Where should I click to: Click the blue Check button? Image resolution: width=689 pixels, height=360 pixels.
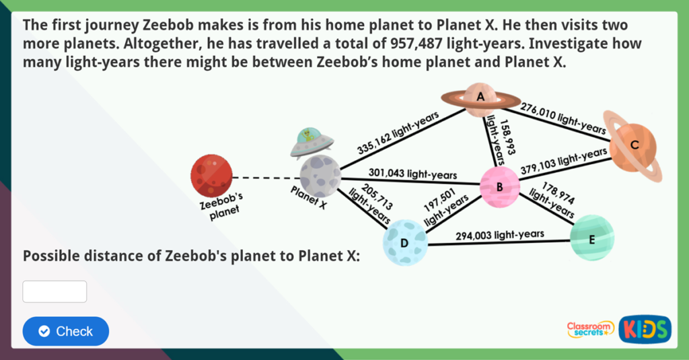66,331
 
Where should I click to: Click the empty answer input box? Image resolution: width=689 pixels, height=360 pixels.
55,291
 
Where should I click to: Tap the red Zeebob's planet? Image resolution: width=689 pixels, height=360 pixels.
211,176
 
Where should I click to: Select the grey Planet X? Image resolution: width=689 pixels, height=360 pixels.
320,176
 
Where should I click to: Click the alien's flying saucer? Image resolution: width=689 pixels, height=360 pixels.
311,143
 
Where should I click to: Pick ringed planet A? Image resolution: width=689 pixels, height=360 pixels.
480,100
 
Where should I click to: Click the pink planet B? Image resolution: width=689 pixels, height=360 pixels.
500,187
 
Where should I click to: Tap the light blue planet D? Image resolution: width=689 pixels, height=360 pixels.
404,243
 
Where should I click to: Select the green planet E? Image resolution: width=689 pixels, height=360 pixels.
592,238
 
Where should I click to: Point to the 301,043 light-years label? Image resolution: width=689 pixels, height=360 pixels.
412,174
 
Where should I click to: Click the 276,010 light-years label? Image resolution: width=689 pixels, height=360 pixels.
563,118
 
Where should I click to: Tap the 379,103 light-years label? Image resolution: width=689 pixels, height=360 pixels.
564,161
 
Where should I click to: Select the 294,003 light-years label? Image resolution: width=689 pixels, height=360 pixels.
500,235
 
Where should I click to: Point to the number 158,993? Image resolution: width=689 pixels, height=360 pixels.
508,137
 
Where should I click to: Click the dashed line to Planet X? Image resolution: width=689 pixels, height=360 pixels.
266,178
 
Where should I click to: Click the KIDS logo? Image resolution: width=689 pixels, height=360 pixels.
645,329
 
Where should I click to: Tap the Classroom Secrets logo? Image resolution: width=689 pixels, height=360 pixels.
591,330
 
